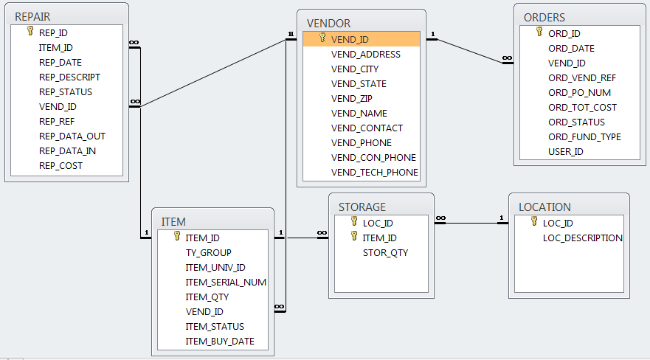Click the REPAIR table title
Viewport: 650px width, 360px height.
32,16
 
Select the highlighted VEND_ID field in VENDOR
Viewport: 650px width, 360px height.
350,39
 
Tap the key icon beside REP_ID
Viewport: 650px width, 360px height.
30,32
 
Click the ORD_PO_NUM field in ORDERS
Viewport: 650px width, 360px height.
579,93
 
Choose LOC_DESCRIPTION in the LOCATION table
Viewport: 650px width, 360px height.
582,238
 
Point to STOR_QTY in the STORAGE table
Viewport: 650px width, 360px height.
385,252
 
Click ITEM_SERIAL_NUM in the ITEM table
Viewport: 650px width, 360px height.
225,282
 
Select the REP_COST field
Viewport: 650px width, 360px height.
60,165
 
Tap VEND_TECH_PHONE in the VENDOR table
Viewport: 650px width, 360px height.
374,172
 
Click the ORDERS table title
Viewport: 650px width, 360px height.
544,17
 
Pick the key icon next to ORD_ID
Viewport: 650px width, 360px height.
541,32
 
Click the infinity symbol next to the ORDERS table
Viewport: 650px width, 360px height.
507,58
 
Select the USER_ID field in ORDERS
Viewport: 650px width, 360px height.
565,151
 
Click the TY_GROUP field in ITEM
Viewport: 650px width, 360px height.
208,252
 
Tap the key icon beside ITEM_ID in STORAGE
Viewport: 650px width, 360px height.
354,237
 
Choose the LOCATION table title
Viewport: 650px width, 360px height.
544,207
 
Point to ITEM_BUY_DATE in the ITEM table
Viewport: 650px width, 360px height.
219,341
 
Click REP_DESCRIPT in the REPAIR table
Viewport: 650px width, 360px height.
69,77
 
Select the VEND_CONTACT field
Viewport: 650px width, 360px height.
367,128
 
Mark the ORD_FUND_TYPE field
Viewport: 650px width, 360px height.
584,136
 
